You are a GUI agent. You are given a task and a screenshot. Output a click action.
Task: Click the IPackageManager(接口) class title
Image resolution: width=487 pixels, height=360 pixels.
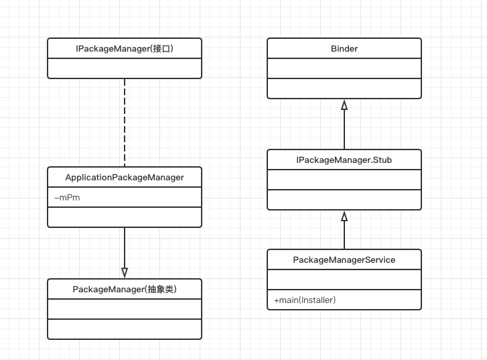124,49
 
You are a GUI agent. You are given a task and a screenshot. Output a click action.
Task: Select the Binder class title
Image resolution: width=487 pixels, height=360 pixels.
344,49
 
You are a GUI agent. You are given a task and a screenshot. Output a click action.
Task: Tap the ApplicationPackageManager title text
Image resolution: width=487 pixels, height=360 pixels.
124,178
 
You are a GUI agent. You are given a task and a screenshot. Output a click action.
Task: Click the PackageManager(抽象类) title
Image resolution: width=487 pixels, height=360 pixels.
124,290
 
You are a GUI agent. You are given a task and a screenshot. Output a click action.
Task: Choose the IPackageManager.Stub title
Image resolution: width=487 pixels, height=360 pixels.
344,160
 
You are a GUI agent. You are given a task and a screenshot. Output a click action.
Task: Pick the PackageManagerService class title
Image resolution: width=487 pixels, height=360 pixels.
344,259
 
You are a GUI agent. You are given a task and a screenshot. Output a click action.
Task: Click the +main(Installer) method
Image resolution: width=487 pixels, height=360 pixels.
305,300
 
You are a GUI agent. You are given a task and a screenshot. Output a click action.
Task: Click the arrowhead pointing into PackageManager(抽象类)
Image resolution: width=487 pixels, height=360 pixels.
125,272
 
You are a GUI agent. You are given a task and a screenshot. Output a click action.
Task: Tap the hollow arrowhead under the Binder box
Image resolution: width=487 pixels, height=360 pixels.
344,105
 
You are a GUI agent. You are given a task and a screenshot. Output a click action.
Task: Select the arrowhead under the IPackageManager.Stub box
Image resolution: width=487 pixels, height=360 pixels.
344,217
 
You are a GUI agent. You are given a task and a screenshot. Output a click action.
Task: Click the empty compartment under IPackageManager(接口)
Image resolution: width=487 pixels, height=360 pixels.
124,69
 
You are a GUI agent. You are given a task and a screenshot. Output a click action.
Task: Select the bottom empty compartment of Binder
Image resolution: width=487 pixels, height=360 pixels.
344,88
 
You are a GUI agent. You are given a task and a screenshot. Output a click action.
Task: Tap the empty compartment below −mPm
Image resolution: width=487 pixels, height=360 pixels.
124,217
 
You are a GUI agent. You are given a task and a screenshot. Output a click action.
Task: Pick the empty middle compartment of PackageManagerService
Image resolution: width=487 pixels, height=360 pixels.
344,280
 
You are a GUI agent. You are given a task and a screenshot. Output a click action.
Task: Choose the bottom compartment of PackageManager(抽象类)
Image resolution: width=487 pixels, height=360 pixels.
124,329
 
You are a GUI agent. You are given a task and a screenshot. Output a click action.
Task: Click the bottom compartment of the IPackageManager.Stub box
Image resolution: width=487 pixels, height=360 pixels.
344,200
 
